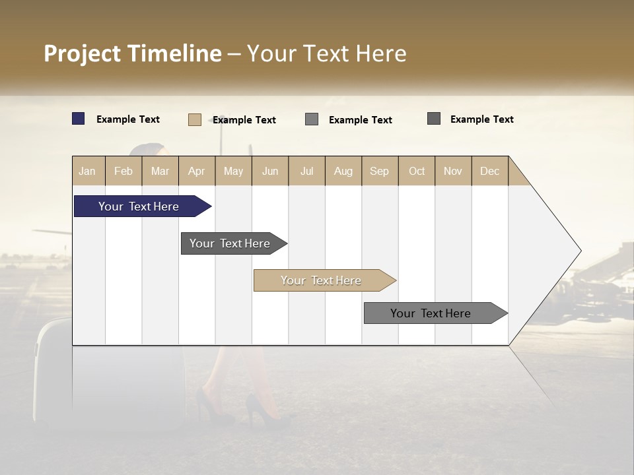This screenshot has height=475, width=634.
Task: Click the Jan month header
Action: tap(88, 171)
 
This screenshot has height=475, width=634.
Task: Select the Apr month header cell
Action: tap(197, 171)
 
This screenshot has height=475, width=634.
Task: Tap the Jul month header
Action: tap(306, 171)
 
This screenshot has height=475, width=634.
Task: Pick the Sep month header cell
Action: tap(380, 171)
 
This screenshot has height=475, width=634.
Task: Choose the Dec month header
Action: tap(489, 171)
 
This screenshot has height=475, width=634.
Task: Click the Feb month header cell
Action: tap(123, 171)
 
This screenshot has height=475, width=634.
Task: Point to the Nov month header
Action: tap(453, 171)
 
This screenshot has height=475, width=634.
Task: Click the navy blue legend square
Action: tap(79, 119)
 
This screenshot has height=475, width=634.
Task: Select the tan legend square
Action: tap(195, 119)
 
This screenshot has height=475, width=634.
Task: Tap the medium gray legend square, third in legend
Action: tap(312, 119)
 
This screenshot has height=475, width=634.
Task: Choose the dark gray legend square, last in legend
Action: tap(434, 119)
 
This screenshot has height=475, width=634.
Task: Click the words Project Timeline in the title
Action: tap(132, 53)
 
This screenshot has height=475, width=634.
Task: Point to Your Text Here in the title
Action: tap(327, 53)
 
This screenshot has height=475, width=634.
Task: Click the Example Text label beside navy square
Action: tap(128, 119)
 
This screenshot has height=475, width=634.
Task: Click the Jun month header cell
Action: tap(270, 171)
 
